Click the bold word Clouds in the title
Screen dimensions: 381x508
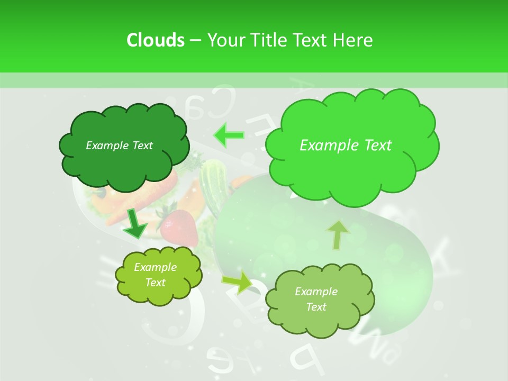point(156,40)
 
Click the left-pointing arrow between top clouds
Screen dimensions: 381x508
point(229,135)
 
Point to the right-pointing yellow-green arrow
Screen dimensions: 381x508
point(238,284)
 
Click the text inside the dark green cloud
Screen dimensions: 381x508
point(119,146)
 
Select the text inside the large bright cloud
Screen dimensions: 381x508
point(346,146)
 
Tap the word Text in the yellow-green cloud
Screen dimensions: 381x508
point(156,283)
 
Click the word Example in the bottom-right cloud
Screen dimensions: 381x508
point(316,292)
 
